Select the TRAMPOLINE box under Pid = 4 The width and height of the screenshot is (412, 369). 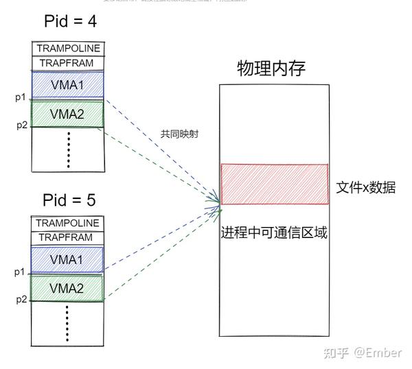(x=68, y=48)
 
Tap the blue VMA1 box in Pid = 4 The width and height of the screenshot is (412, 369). (x=68, y=85)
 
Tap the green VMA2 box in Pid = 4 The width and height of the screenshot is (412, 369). (x=68, y=114)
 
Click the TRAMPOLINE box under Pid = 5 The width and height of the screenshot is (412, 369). (x=68, y=223)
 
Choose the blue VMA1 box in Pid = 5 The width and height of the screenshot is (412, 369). (x=68, y=260)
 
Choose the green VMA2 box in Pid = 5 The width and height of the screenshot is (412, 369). (x=68, y=287)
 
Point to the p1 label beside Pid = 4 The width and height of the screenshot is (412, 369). (x=21, y=97)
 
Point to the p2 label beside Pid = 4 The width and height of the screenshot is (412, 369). (x=21, y=125)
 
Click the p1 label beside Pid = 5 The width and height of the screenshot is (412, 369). (x=21, y=272)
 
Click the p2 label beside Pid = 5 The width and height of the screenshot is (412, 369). (x=21, y=299)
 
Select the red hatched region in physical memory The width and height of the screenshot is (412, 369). (x=274, y=184)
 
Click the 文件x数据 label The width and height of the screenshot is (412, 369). (x=365, y=187)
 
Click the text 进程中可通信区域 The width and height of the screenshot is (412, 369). (x=274, y=233)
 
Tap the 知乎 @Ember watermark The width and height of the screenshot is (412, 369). (x=362, y=353)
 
